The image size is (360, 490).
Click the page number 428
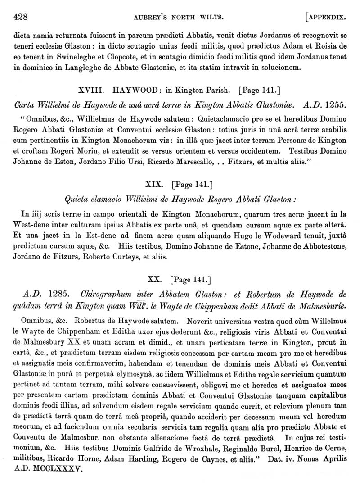click(x=21, y=18)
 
